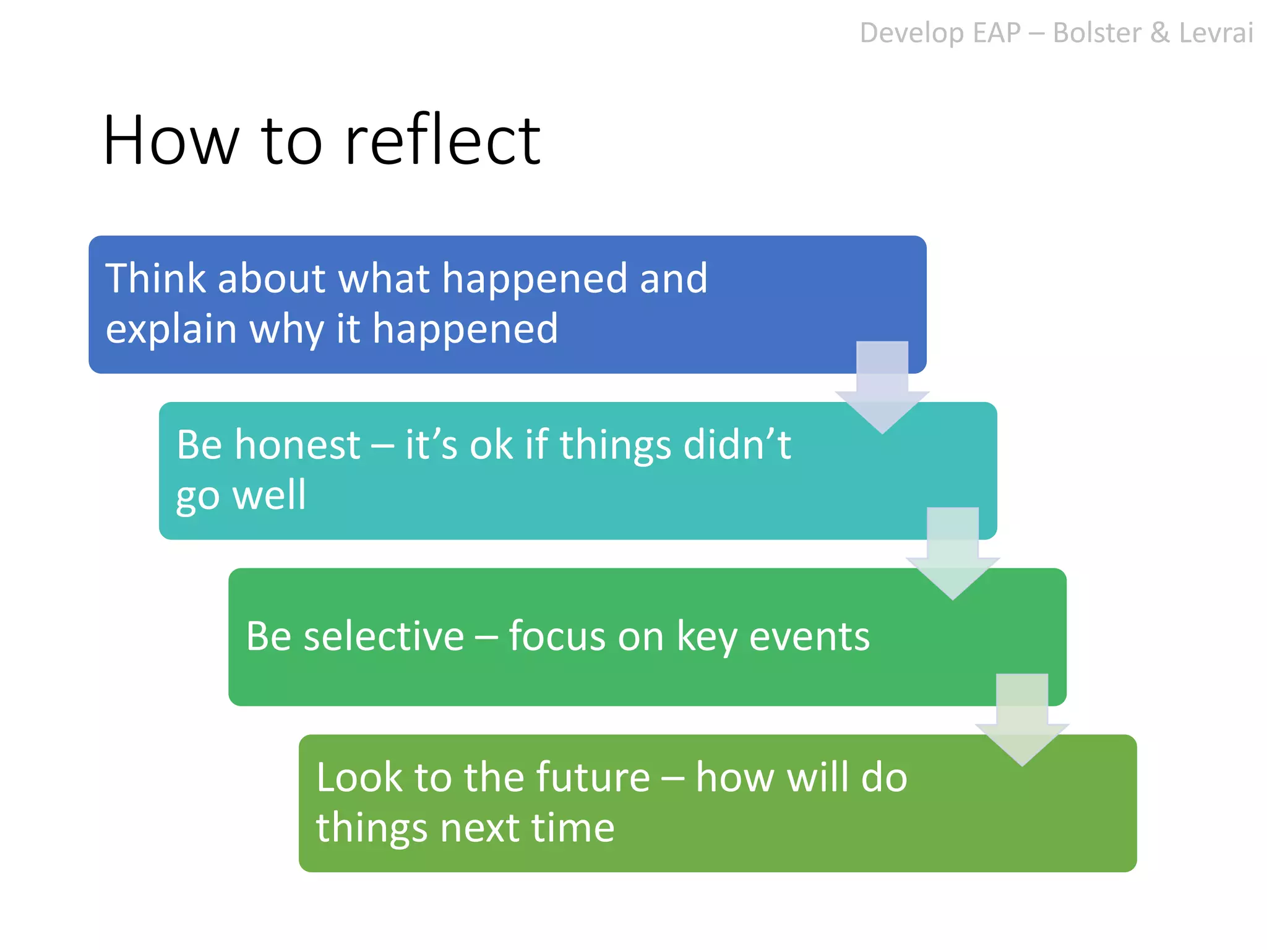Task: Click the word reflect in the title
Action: tap(442, 140)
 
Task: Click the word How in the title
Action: tap(171, 140)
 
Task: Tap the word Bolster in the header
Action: tap(1096, 33)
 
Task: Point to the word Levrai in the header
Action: tap(1216, 33)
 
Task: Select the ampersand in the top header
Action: tap(1160, 33)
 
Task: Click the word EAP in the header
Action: tap(996, 33)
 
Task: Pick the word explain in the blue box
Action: tap(171, 329)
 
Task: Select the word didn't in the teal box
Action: tap(737, 445)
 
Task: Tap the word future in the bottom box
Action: tap(593, 777)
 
